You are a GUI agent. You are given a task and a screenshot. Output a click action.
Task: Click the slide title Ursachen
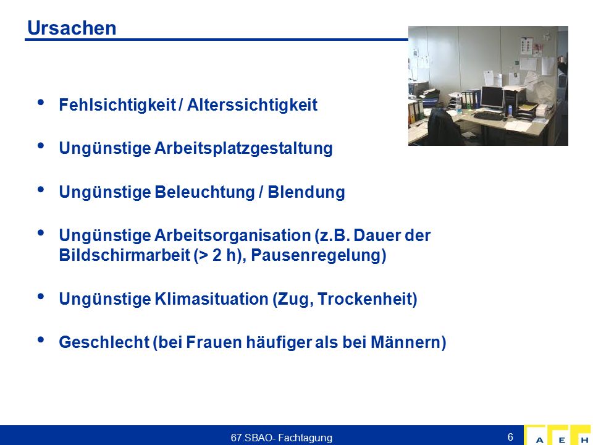click(x=72, y=28)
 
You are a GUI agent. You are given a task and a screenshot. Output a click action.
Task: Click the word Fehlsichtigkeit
click(x=117, y=105)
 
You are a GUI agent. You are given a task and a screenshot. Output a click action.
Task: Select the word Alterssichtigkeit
click(x=252, y=105)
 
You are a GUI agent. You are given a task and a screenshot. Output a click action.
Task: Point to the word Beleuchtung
click(x=204, y=192)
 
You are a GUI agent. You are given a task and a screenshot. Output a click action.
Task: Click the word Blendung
click(x=306, y=192)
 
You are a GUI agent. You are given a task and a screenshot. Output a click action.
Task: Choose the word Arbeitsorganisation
click(x=233, y=235)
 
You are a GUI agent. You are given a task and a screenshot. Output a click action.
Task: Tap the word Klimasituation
click(x=211, y=299)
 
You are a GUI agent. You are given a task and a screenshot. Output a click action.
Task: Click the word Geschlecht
click(x=104, y=342)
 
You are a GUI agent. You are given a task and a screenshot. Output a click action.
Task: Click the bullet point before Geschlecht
click(x=41, y=339)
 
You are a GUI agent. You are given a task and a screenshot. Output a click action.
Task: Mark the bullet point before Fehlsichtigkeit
click(x=41, y=102)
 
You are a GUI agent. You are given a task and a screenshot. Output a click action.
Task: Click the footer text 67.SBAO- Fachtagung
click(x=282, y=438)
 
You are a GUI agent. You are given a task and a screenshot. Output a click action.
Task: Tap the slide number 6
click(x=510, y=437)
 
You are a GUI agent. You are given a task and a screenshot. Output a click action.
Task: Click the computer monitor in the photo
click(x=492, y=98)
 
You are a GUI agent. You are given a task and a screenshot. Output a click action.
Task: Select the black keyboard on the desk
click(x=488, y=116)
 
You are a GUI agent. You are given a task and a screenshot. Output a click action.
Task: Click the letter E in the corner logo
click(x=562, y=440)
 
